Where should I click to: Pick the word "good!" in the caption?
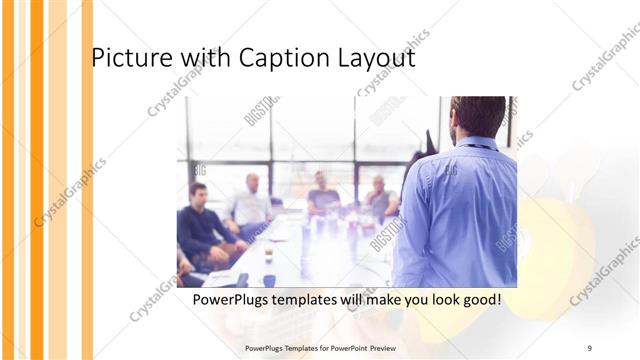(x=477, y=299)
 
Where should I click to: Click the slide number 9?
(x=589, y=348)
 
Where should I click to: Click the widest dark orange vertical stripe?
(x=37, y=180)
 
